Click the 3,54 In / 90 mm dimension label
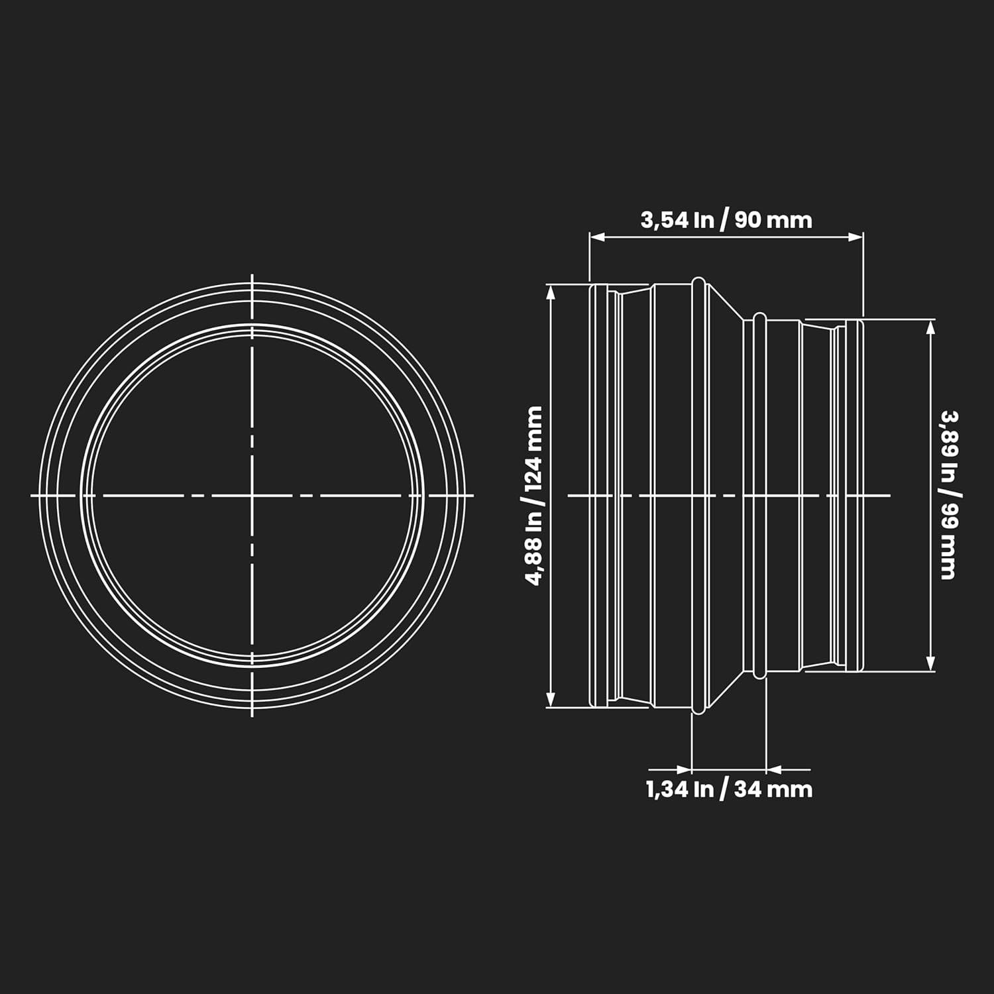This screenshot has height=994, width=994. pyautogui.click(x=726, y=219)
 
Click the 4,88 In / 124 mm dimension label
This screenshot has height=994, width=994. pyautogui.click(x=534, y=496)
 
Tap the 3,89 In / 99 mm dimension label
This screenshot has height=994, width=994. pyautogui.click(x=949, y=496)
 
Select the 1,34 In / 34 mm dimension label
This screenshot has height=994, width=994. pyautogui.click(x=729, y=789)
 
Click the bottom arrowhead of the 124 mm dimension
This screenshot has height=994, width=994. pyautogui.click(x=550, y=698)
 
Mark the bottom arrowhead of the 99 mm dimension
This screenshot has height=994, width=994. pyautogui.click(x=930, y=663)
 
